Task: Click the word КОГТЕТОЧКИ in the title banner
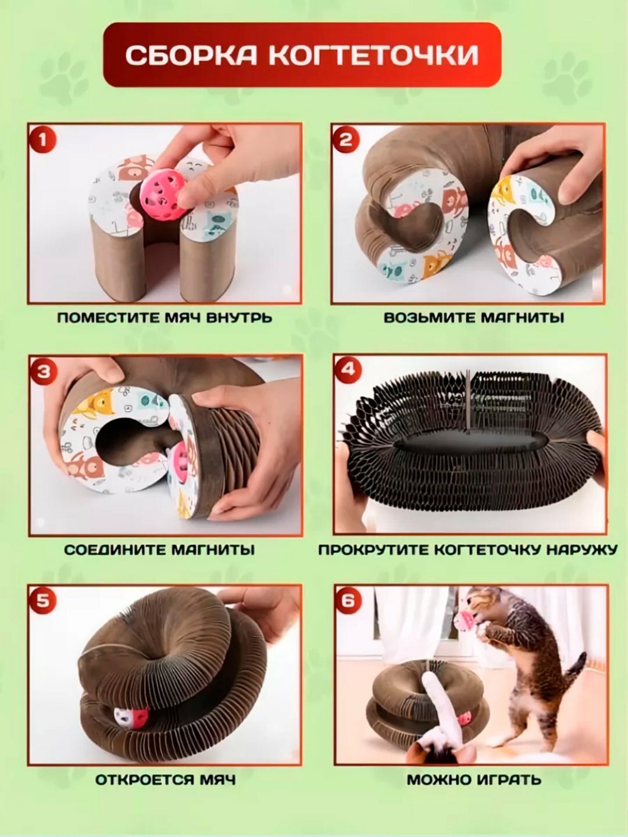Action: point(374,55)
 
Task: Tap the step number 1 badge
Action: point(42,139)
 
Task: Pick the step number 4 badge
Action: point(347,369)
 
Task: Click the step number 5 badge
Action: point(43,602)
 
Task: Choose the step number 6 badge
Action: point(348,600)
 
